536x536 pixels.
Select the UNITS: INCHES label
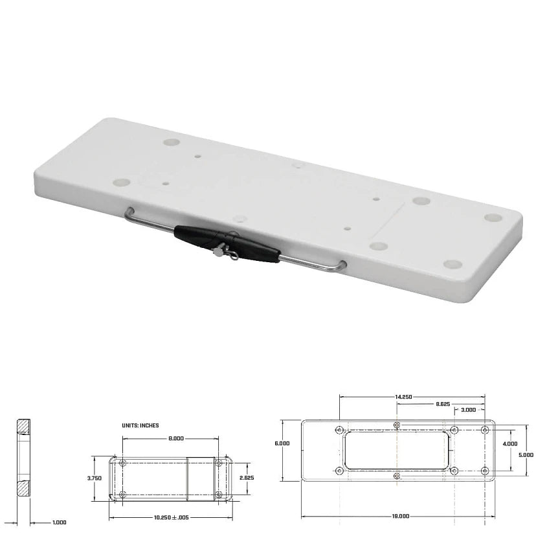click(x=140, y=425)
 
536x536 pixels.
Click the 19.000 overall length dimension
click(x=400, y=516)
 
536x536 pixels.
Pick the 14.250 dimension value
click(x=403, y=396)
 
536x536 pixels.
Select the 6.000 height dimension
click(x=282, y=443)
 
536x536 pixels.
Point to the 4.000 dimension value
click(x=509, y=443)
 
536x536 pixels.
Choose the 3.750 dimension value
click(x=95, y=478)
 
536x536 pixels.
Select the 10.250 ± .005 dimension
click(x=172, y=518)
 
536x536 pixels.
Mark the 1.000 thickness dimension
click(x=59, y=522)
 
